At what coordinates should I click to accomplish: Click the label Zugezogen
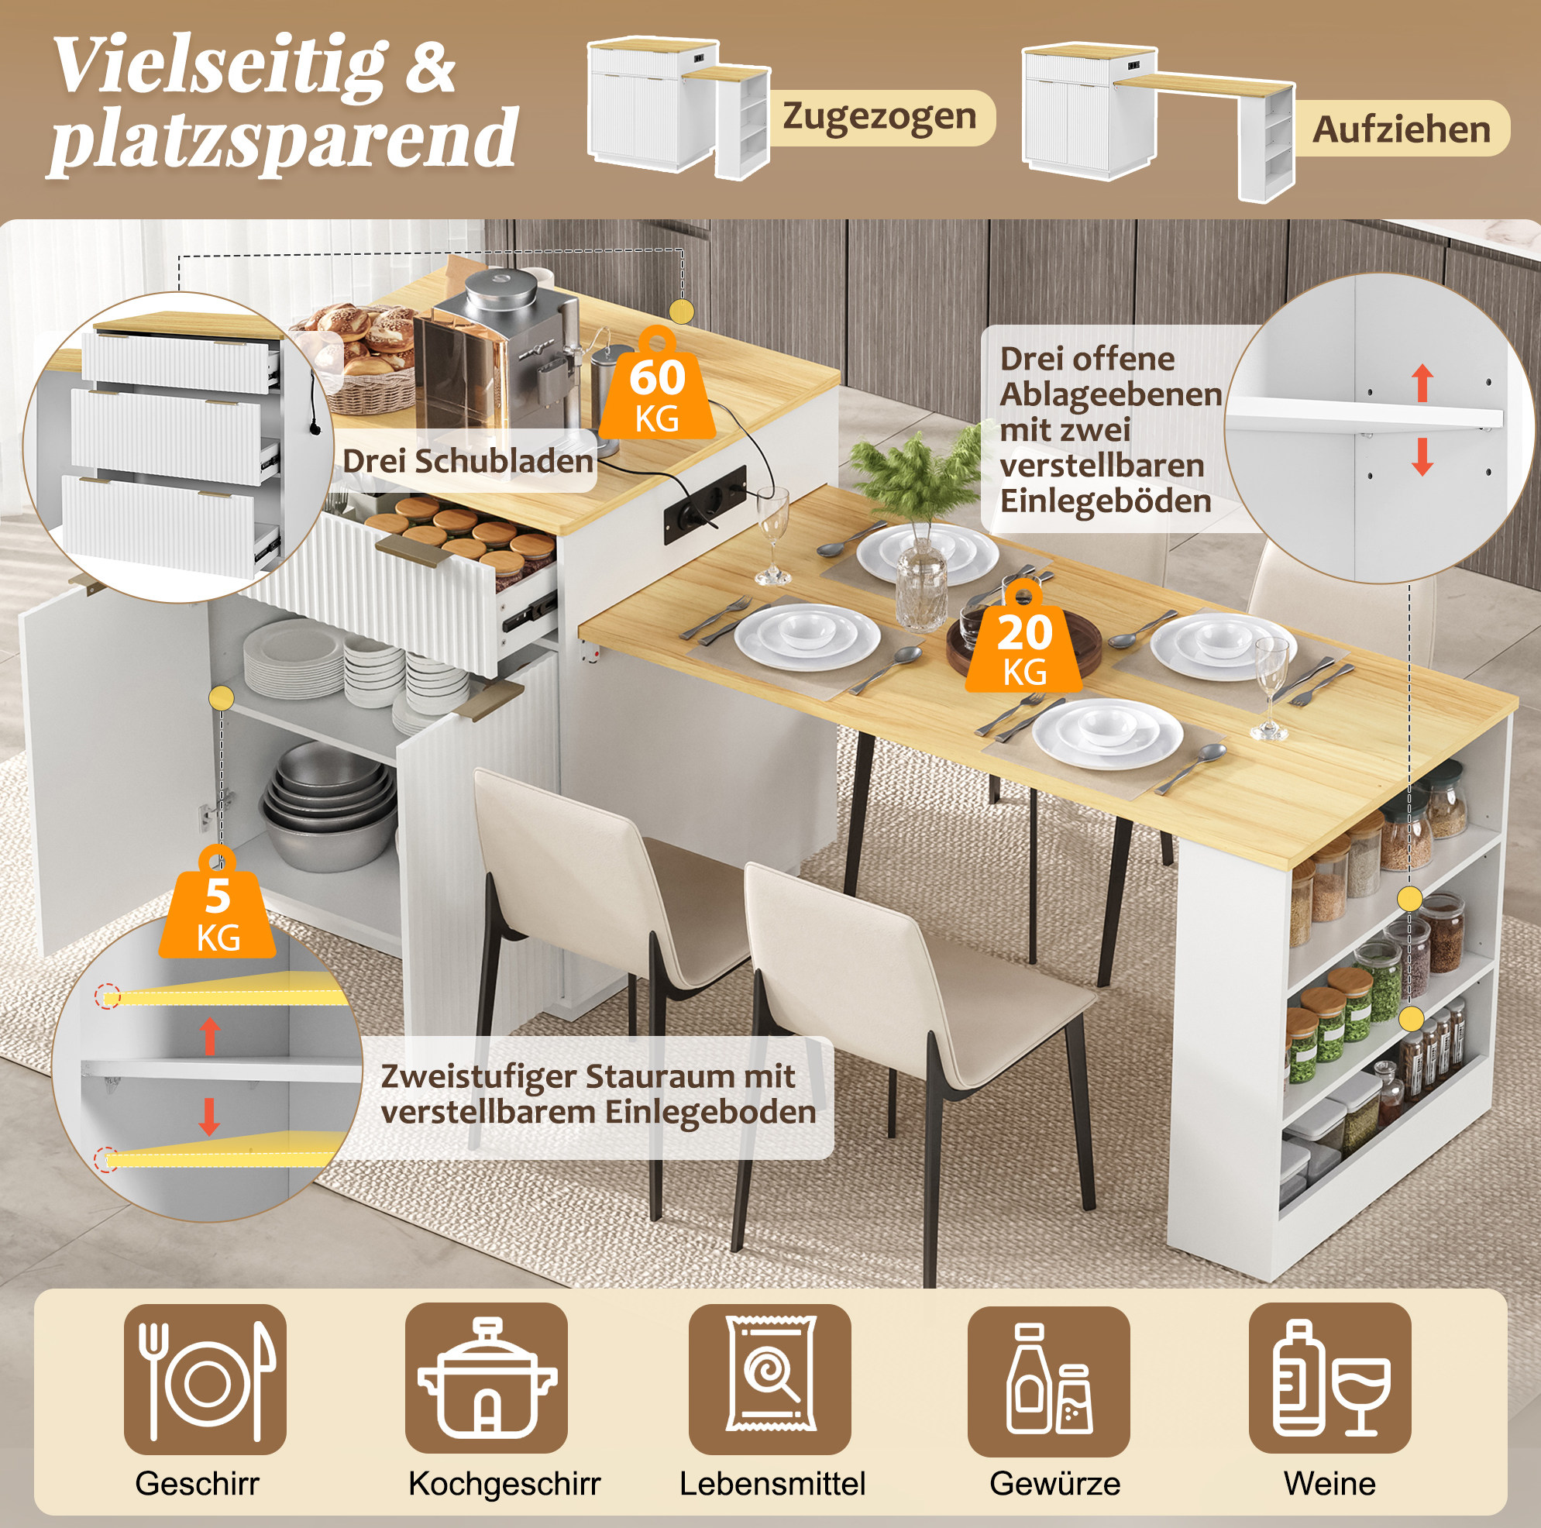tap(879, 116)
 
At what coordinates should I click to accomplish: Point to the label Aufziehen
tap(1402, 129)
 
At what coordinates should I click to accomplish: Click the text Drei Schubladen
tap(467, 461)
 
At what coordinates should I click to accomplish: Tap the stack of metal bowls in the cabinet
tap(329, 806)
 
